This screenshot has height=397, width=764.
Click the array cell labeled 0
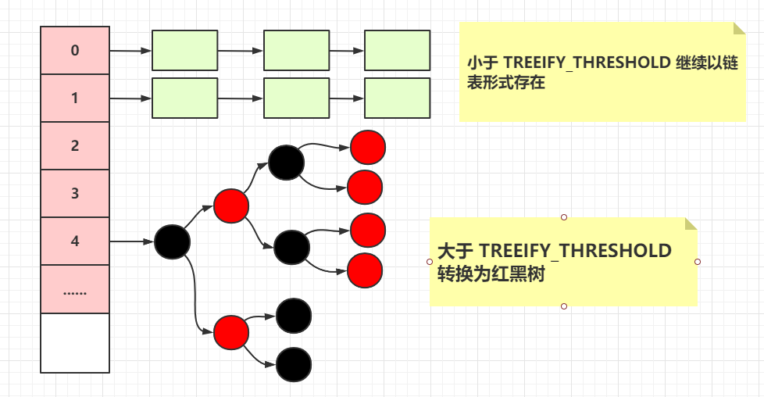pos(75,51)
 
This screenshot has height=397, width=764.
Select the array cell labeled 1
pos(75,98)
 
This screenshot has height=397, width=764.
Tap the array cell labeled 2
pos(75,146)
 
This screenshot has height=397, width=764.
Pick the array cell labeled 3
pos(75,194)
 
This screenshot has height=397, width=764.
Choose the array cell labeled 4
pos(75,241)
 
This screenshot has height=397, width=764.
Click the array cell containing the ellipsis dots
pos(75,290)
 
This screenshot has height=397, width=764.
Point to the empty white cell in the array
pos(75,343)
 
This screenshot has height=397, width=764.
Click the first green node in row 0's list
pos(184,51)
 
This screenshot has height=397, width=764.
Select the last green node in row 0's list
pos(397,51)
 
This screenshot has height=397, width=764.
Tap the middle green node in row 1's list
pos(296,98)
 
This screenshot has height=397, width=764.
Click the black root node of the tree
pos(172,241)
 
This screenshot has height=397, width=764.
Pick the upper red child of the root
pos(231,205)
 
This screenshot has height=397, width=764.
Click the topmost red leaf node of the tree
pos(367,146)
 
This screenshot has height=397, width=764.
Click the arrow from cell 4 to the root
pos(131,241)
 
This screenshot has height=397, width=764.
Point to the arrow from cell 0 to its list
pos(130,51)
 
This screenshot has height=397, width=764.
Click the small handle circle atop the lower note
pos(563,216)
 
